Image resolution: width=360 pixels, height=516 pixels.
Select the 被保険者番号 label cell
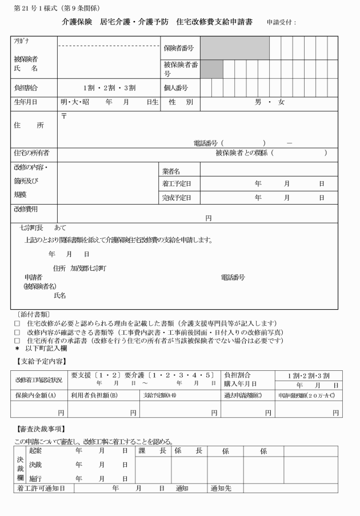(x=181, y=69)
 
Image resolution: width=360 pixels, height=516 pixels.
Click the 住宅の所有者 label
(x=31, y=153)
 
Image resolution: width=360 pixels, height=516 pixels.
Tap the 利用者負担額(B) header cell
(x=94, y=395)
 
